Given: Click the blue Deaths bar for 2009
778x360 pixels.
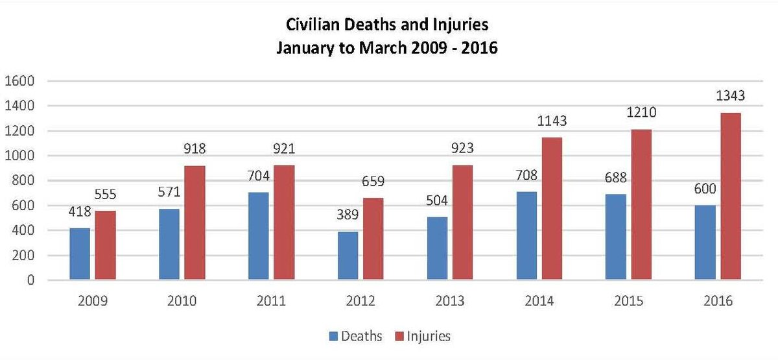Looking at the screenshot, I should coord(80,254).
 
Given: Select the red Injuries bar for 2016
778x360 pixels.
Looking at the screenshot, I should coord(730,197).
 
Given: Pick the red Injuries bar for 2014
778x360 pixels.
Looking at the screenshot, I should coord(552,209).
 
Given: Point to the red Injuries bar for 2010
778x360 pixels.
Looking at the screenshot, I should coord(194,223).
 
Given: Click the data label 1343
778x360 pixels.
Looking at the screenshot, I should coord(731,96).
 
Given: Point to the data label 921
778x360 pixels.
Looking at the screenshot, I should coord(283,149).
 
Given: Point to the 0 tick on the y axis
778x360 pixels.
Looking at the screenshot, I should coord(30,281).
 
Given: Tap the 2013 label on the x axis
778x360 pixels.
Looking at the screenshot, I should coord(449,302).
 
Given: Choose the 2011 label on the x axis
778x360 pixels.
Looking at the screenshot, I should coord(271,302).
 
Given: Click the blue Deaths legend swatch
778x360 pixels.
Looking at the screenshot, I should coord(334,336).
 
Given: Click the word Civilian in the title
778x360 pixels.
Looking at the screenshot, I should coord(310,26).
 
